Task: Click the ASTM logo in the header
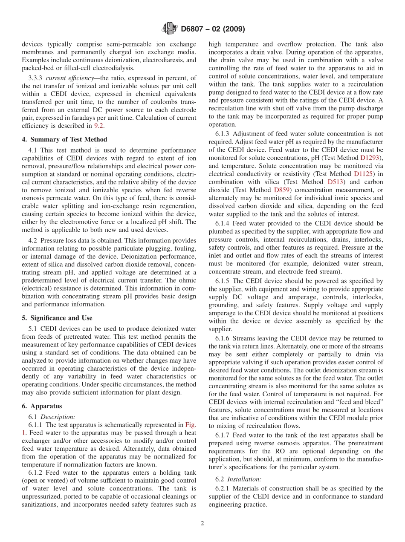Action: coord(170,29)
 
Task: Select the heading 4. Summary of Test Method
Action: coord(64,139)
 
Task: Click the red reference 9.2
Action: coord(98,126)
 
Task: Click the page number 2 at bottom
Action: coord(202,523)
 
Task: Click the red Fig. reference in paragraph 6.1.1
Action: coord(191,424)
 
